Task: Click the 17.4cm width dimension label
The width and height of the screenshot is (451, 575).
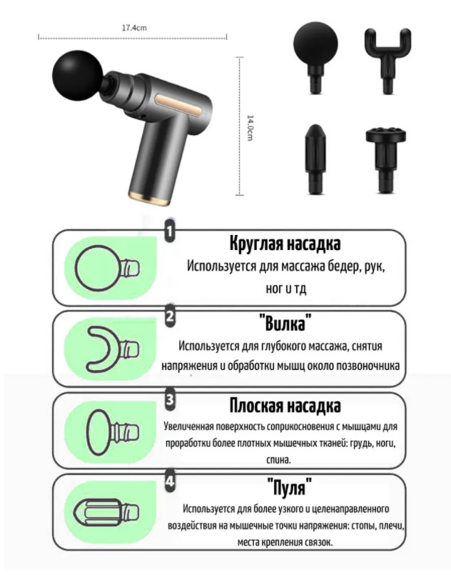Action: pyautogui.click(x=134, y=28)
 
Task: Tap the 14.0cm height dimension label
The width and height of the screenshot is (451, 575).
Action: pyautogui.click(x=250, y=128)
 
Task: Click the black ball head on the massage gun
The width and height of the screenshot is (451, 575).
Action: pyautogui.click(x=78, y=76)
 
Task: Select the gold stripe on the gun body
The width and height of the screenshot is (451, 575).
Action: pyautogui.click(x=179, y=104)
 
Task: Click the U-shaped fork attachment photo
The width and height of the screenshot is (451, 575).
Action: pyautogui.click(x=387, y=60)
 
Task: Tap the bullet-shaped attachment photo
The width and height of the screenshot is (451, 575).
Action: pyautogui.click(x=315, y=159)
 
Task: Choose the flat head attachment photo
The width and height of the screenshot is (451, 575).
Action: pyautogui.click(x=386, y=159)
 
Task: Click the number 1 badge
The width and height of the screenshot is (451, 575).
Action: pyautogui.click(x=170, y=231)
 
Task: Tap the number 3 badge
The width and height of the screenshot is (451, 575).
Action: pyautogui.click(x=170, y=399)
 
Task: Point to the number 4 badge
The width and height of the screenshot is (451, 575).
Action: pyautogui.click(x=170, y=481)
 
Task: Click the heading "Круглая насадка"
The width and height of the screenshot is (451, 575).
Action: pyautogui.click(x=285, y=243)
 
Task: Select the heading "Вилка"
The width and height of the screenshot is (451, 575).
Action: pyautogui.click(x=285, y=324)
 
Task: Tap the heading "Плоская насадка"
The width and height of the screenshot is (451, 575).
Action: pyautogui.click(x=285, y=406)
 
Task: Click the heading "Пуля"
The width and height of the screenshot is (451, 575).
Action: pyautogui.click(x=290, y=486)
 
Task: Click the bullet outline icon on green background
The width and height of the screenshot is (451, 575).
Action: pyautogui.click(x=106, y=512)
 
